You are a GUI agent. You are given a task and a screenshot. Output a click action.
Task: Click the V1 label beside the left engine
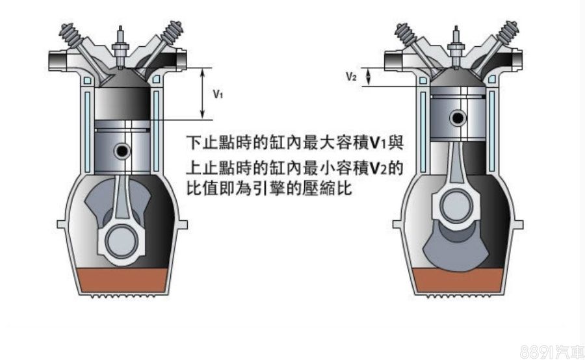(218, 94)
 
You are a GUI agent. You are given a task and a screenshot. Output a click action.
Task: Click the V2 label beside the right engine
(352, 77)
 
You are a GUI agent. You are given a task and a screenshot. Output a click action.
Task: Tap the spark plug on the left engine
(122, 45)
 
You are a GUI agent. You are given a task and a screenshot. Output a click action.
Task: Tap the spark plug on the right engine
(458, 45)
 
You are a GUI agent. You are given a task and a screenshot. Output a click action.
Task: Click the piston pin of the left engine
(122, 151)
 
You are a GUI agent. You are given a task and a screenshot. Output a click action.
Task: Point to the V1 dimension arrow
(204, 94)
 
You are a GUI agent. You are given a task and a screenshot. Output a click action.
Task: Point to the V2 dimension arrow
(369, 77)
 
